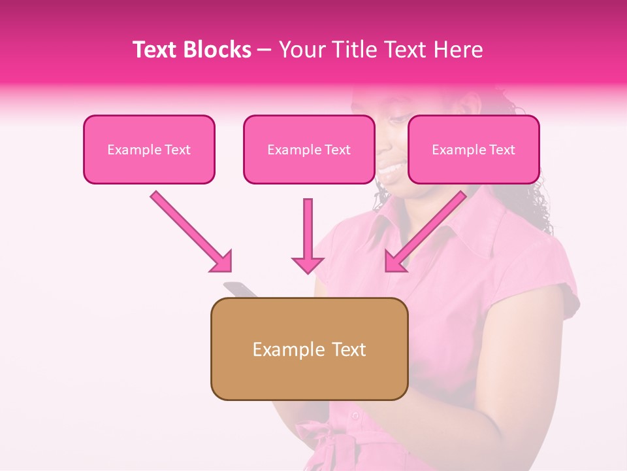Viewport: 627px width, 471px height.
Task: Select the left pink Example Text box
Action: pos(149,149)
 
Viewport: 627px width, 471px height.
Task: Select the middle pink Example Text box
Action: pos(309,149)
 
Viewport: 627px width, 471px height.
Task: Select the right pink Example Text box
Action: pos(474,149)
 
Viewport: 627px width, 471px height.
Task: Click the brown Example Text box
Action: pos(309,349)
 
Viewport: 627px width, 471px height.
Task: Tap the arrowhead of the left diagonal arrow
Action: pos(222,262)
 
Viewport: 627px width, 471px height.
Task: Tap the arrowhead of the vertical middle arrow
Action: pos(308,264)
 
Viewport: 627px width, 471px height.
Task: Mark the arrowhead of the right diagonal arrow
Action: pos(394,262)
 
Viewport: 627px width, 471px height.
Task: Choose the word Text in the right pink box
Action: pos(502,150)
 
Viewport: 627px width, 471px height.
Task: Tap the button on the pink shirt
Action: pos(355,415)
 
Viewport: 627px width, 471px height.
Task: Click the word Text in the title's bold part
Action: pos(156,50)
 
